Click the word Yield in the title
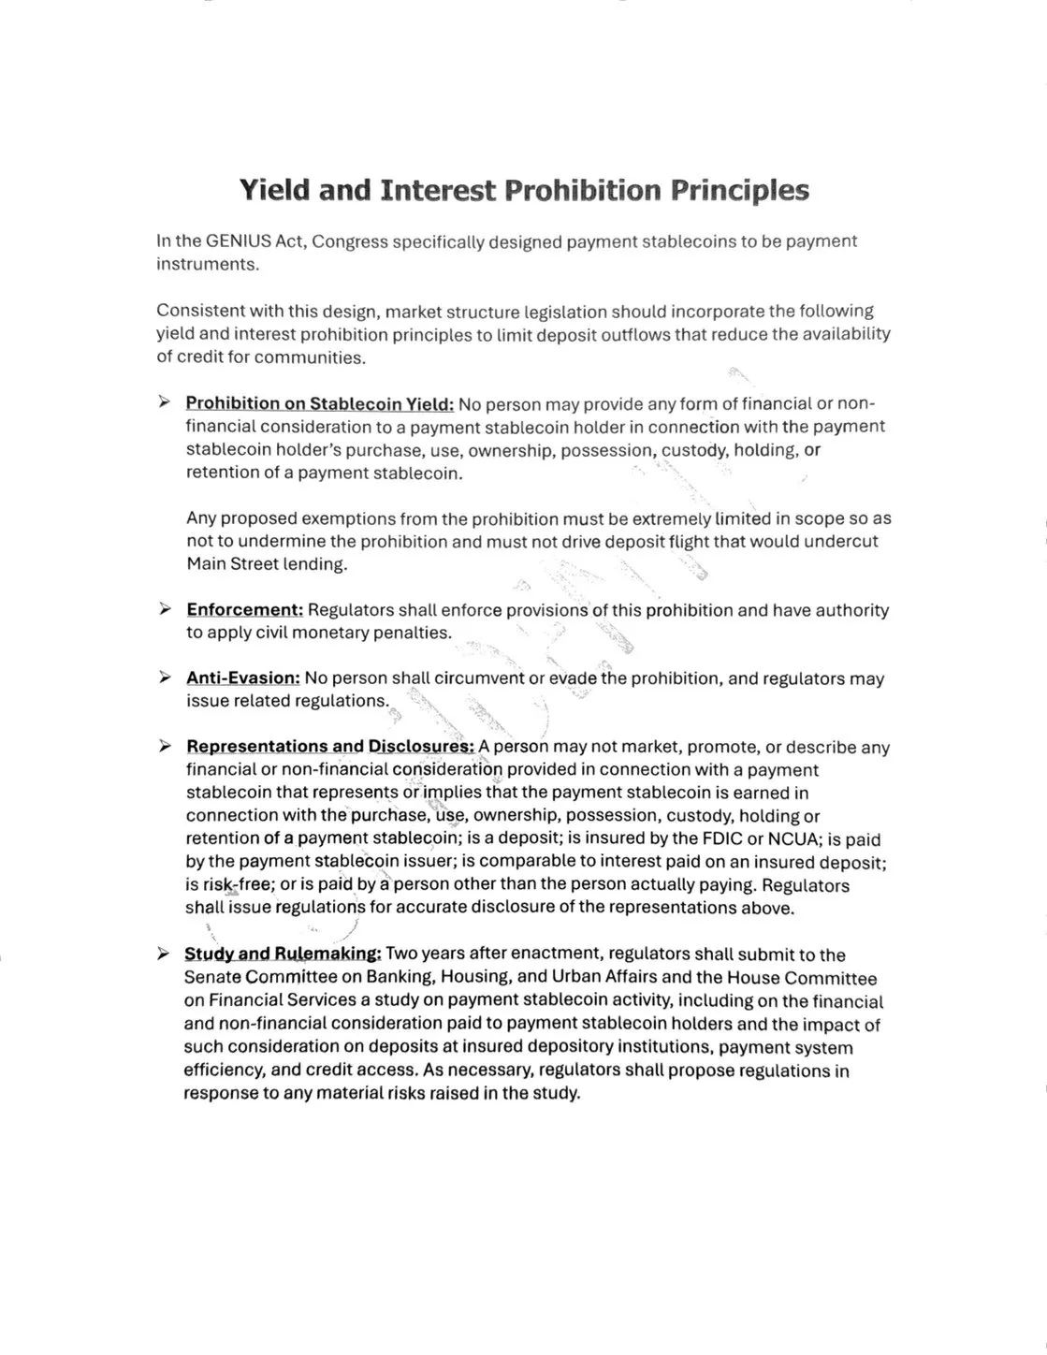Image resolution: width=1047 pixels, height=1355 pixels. pyautogui.click(x=274, y=190)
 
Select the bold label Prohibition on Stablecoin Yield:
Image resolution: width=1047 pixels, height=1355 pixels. pyautogui.click(x=320, y=403)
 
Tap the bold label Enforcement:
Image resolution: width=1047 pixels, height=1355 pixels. pyautogui.click(x=245, y=610)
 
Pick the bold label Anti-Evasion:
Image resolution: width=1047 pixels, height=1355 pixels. pyautogui.click(x=243, y=678)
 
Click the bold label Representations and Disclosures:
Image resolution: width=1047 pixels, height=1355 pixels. pyautogui.click(x=331, y=747)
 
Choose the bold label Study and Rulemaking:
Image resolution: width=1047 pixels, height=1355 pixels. pyautogui.click(x=283, y=954)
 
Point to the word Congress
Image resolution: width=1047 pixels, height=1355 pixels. pyautogui.click(x=349, y=241)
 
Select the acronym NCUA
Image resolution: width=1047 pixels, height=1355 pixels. pyautogui.click(x=793, y=838)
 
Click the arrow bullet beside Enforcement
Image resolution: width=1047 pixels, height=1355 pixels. pyautogui.click(x=165, y=610)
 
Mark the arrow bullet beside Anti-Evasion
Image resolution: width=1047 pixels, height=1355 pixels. pyautogui.click(x=165, y=678)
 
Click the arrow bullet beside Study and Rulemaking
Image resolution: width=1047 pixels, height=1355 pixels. pyautogui.click(x=164, y=954)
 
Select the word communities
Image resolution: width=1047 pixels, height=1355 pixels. pyautogui.click(x=309, y=357)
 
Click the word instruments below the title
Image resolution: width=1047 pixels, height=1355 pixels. pyautogui.click(x=206, y=264)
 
